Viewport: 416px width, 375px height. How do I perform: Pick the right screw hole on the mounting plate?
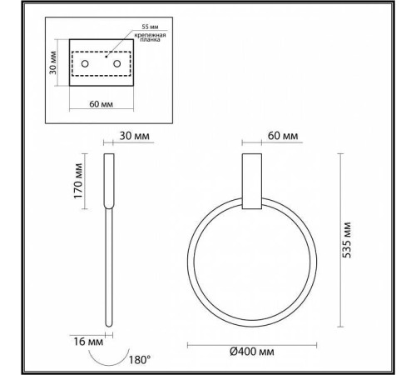click(117, 64)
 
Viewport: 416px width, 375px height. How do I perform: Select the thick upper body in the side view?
click(108, 180)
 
